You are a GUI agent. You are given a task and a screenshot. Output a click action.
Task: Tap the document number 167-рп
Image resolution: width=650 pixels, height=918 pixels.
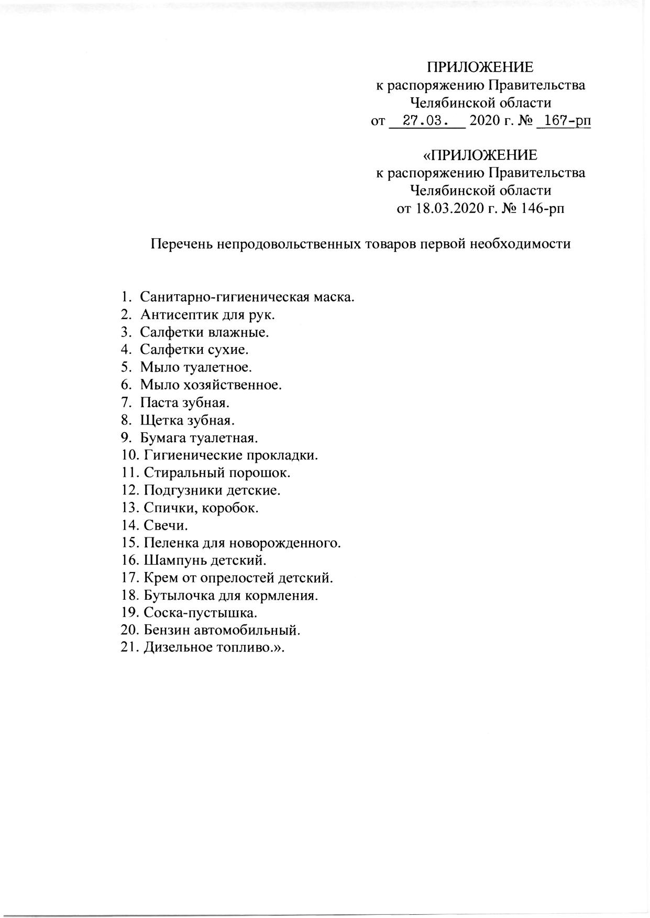point(567,121)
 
